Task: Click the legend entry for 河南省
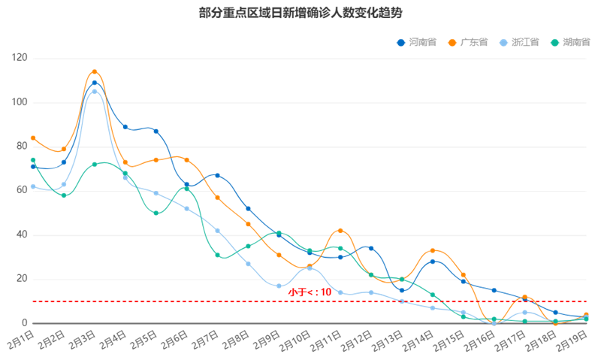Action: coord(416,42)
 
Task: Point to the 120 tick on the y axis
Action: coord(20,58)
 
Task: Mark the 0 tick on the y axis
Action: coord(25,323)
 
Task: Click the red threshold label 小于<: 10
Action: coord(310,292)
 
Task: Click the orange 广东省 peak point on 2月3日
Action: coord(95,71)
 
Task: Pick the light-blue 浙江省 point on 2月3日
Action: coord(95,92)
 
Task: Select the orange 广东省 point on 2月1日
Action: coord(33,138)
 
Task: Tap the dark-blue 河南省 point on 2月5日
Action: coord(156,131)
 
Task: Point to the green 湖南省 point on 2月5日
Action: coord(156,213)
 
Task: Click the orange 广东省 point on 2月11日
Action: coord(340,231)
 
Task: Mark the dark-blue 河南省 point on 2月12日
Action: coord(371,248)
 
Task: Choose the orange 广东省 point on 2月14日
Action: coord(433,250)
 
